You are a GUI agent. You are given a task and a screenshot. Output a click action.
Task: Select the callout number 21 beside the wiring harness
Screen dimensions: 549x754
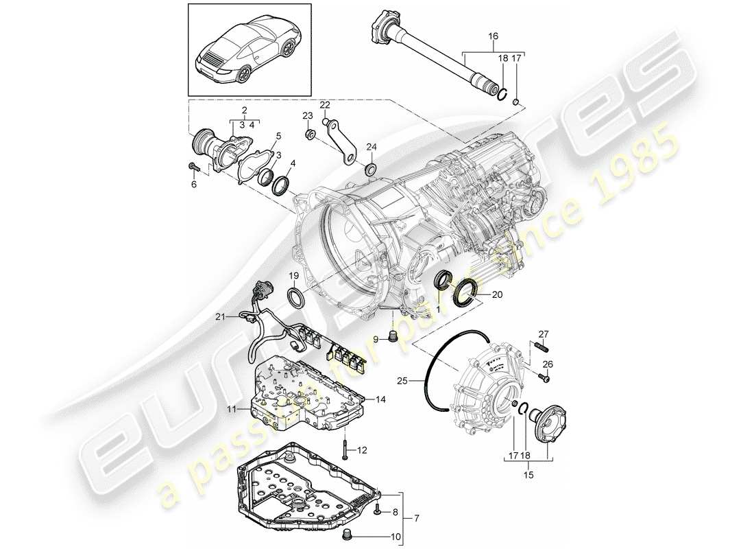point(219,316)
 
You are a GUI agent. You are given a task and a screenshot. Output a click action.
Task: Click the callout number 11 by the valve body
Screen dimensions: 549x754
point(232,409)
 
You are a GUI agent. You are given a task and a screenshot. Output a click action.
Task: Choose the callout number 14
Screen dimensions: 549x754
point(381,399)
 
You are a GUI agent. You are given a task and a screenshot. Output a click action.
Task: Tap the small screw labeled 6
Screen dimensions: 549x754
point(193,167)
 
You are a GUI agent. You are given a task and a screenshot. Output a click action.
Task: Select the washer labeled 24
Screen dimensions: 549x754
point(372,170)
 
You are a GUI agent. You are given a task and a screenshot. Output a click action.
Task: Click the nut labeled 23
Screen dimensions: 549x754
point(310,134)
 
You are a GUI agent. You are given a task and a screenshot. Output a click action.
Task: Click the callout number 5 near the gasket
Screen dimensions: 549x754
point(278,136)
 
